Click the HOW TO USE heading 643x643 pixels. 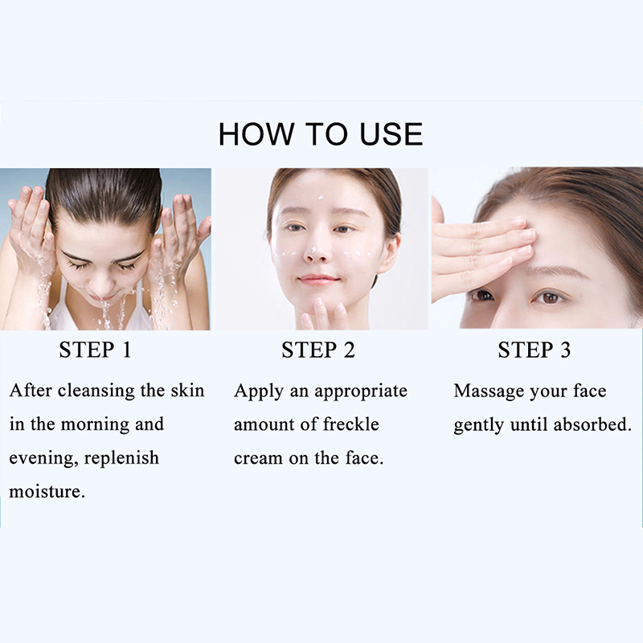pos(321,133)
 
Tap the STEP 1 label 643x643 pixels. pos(95,350)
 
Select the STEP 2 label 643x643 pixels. pos(318,350)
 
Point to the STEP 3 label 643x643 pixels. pos(534,350)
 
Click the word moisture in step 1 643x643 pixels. pos(47,491)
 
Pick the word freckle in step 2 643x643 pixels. pos(351,424)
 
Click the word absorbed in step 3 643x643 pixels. pos(592,424)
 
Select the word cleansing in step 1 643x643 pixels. pos(96,391)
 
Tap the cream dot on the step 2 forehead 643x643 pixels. pos(320,198)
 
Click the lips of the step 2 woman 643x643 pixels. pos(319,281)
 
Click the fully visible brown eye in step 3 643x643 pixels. pos(549,297)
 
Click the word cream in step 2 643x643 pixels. pos(258,458)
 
